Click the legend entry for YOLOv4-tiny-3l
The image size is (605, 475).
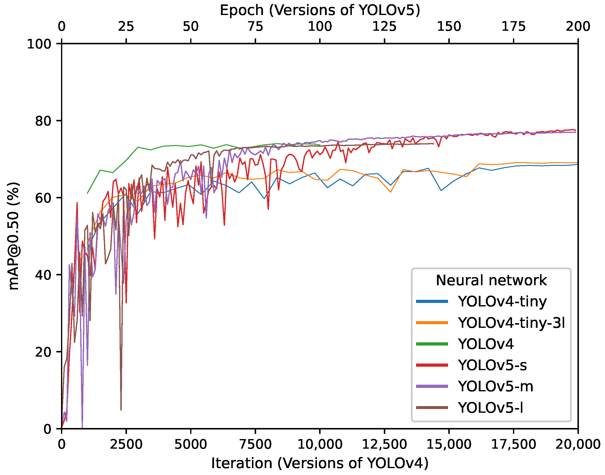pyautogui.click(x=511, y=323)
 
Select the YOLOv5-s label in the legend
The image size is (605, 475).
pyautogui.click(x=492, y=365)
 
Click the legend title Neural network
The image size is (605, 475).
pyautogui.click(x=491, y=280)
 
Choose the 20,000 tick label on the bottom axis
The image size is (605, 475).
pyautogui.click(x=578, y=444)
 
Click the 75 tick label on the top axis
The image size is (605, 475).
pyautogui.click(x=255, y=27)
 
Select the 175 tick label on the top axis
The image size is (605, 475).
pyautogui.click(x=513, y=27)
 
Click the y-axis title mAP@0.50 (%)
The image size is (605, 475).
pyautogui.click(x=14, y=236)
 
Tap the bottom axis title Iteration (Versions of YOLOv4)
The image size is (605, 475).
pyautogui.click(x=320, y=463)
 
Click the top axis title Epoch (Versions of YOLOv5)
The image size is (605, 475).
pyautogui.click(x=320, y=11)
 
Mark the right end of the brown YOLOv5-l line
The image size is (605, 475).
pyautogui.click(x=434, y=144)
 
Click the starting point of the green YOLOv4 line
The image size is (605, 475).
pyautogui.click(x=88, y=193)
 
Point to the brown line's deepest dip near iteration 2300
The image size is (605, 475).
pyautogui.click(x=121, y=410)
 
